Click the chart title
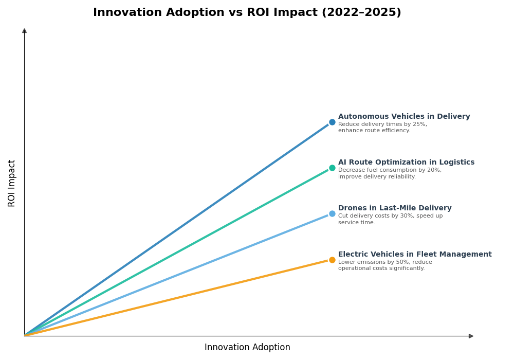[x=247, y=13]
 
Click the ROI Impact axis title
[x=12, y=183]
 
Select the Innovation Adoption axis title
[x=247, y=348]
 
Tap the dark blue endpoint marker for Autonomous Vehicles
[x=332, y=122]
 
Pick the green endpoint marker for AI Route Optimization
[x=332, y=168]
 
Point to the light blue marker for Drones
[x=332, y=214]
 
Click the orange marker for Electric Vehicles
[x=332, y=260]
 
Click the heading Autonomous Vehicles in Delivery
[x=404, y=117]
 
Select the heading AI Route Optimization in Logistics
[x=406, y=163]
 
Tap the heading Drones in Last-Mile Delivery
[x=395, y=208]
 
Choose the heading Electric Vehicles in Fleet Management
[x=415, y=255]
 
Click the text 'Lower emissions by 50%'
[x=374, y=262]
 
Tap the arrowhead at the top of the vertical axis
[x=24, y=31]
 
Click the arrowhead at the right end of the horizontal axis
[x=471, y=336]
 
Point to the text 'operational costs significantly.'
[x=381, y=268]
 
